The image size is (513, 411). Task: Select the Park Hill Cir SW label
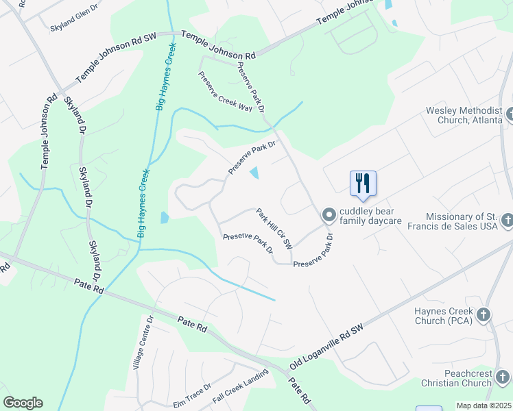274,228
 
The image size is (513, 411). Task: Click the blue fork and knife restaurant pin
363,184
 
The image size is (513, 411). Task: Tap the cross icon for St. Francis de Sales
507,221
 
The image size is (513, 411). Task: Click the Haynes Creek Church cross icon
484,314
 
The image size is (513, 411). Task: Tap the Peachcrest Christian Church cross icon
503,377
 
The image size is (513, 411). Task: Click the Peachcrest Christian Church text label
458,377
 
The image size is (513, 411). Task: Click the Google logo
23,403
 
